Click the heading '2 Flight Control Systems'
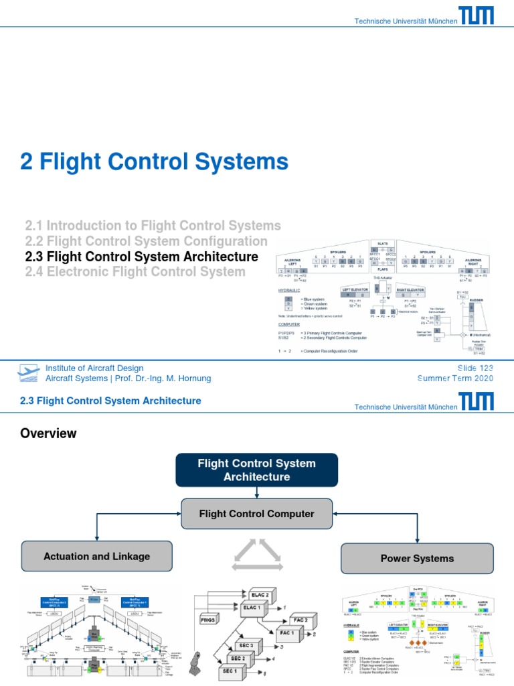click(156, 161)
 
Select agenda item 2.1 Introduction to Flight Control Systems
click(153, 226)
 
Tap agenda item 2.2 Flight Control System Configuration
click(146, 241)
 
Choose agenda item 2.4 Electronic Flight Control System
click(135, 272)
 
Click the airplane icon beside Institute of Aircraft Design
click(29, 373)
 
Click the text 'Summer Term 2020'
click(455, 379)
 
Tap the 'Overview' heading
click(48, 433)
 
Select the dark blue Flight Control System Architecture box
click(257, 470)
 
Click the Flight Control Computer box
click(257, 514)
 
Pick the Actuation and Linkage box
click(96, 556)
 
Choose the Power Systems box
click(417, 558)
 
